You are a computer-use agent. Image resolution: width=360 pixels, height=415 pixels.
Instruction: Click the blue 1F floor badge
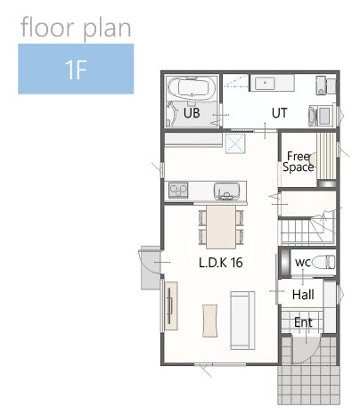tap(76, 69)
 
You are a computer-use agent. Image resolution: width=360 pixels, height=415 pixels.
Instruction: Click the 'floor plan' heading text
tap(76, 28)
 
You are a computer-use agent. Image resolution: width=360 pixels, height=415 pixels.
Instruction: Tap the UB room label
tap(192, 113)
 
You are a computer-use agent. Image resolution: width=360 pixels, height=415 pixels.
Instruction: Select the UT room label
tap(280, 113)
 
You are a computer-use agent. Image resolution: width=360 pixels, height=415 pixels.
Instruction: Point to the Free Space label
tap(299, 161)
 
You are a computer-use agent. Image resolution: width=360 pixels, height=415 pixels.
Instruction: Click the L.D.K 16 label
tap(220, 263)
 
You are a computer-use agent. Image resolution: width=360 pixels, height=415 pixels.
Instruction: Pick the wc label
tap(303, 262)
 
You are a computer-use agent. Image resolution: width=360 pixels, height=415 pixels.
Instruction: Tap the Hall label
tap(303, 295)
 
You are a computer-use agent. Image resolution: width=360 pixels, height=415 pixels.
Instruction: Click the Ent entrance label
tap(303, 322)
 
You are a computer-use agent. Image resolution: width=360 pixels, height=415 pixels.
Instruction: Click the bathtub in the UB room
tap(192, 88)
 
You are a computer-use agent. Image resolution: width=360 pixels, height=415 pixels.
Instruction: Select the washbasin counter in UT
tap(272, 83)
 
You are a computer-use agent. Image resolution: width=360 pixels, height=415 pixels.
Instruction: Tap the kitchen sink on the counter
tap(226, 191)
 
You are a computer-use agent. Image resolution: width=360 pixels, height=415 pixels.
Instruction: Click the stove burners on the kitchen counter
tap(178, 191)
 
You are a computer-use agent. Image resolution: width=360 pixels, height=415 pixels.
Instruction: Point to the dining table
tap(221, 227)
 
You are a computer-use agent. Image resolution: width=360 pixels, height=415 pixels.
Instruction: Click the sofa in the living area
tap(242, 321)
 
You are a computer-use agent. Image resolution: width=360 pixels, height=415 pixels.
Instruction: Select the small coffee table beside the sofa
tap(209, 321)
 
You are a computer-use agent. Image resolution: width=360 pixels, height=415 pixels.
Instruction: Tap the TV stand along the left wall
tap(171, 305)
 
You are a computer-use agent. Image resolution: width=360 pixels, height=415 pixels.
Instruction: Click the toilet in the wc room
tap(323, 262)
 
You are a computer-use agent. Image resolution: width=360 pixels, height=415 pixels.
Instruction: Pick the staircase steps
tap(307, 231)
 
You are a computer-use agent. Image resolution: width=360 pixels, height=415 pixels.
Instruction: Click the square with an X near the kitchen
tap(235, 143)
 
